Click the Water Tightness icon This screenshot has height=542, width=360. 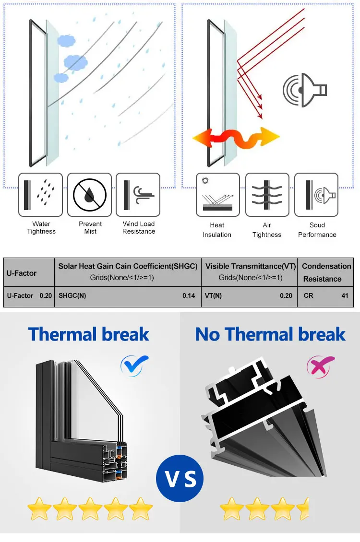[x=40, y=195]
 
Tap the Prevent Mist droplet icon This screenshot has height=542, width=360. [x=89, y=195]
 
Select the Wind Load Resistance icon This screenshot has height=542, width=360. [x=138, y=195]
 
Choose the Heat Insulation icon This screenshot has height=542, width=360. [x=217, y=195]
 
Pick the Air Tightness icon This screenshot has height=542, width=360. [x=267, y=195]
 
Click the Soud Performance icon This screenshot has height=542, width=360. [x=316, y=195]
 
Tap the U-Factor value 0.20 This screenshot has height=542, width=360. [x=46, y=295]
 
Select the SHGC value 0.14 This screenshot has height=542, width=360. [x=189, y=295]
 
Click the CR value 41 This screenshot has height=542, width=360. [x=345, y=295]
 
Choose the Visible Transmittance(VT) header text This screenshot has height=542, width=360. [x=251, y=266]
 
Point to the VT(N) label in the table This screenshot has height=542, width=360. [x=214, y=295]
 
